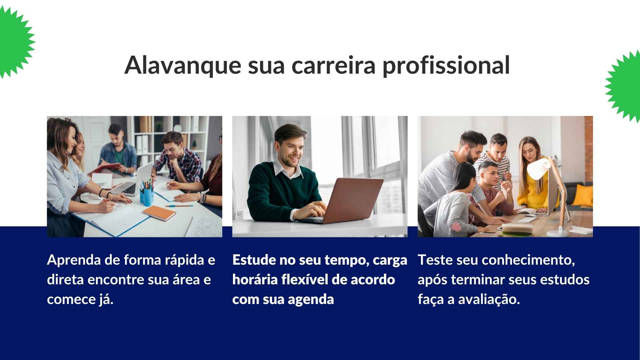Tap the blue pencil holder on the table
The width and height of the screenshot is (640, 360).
coord(147,197)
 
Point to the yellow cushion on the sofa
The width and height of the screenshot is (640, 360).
coord(583,195)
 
